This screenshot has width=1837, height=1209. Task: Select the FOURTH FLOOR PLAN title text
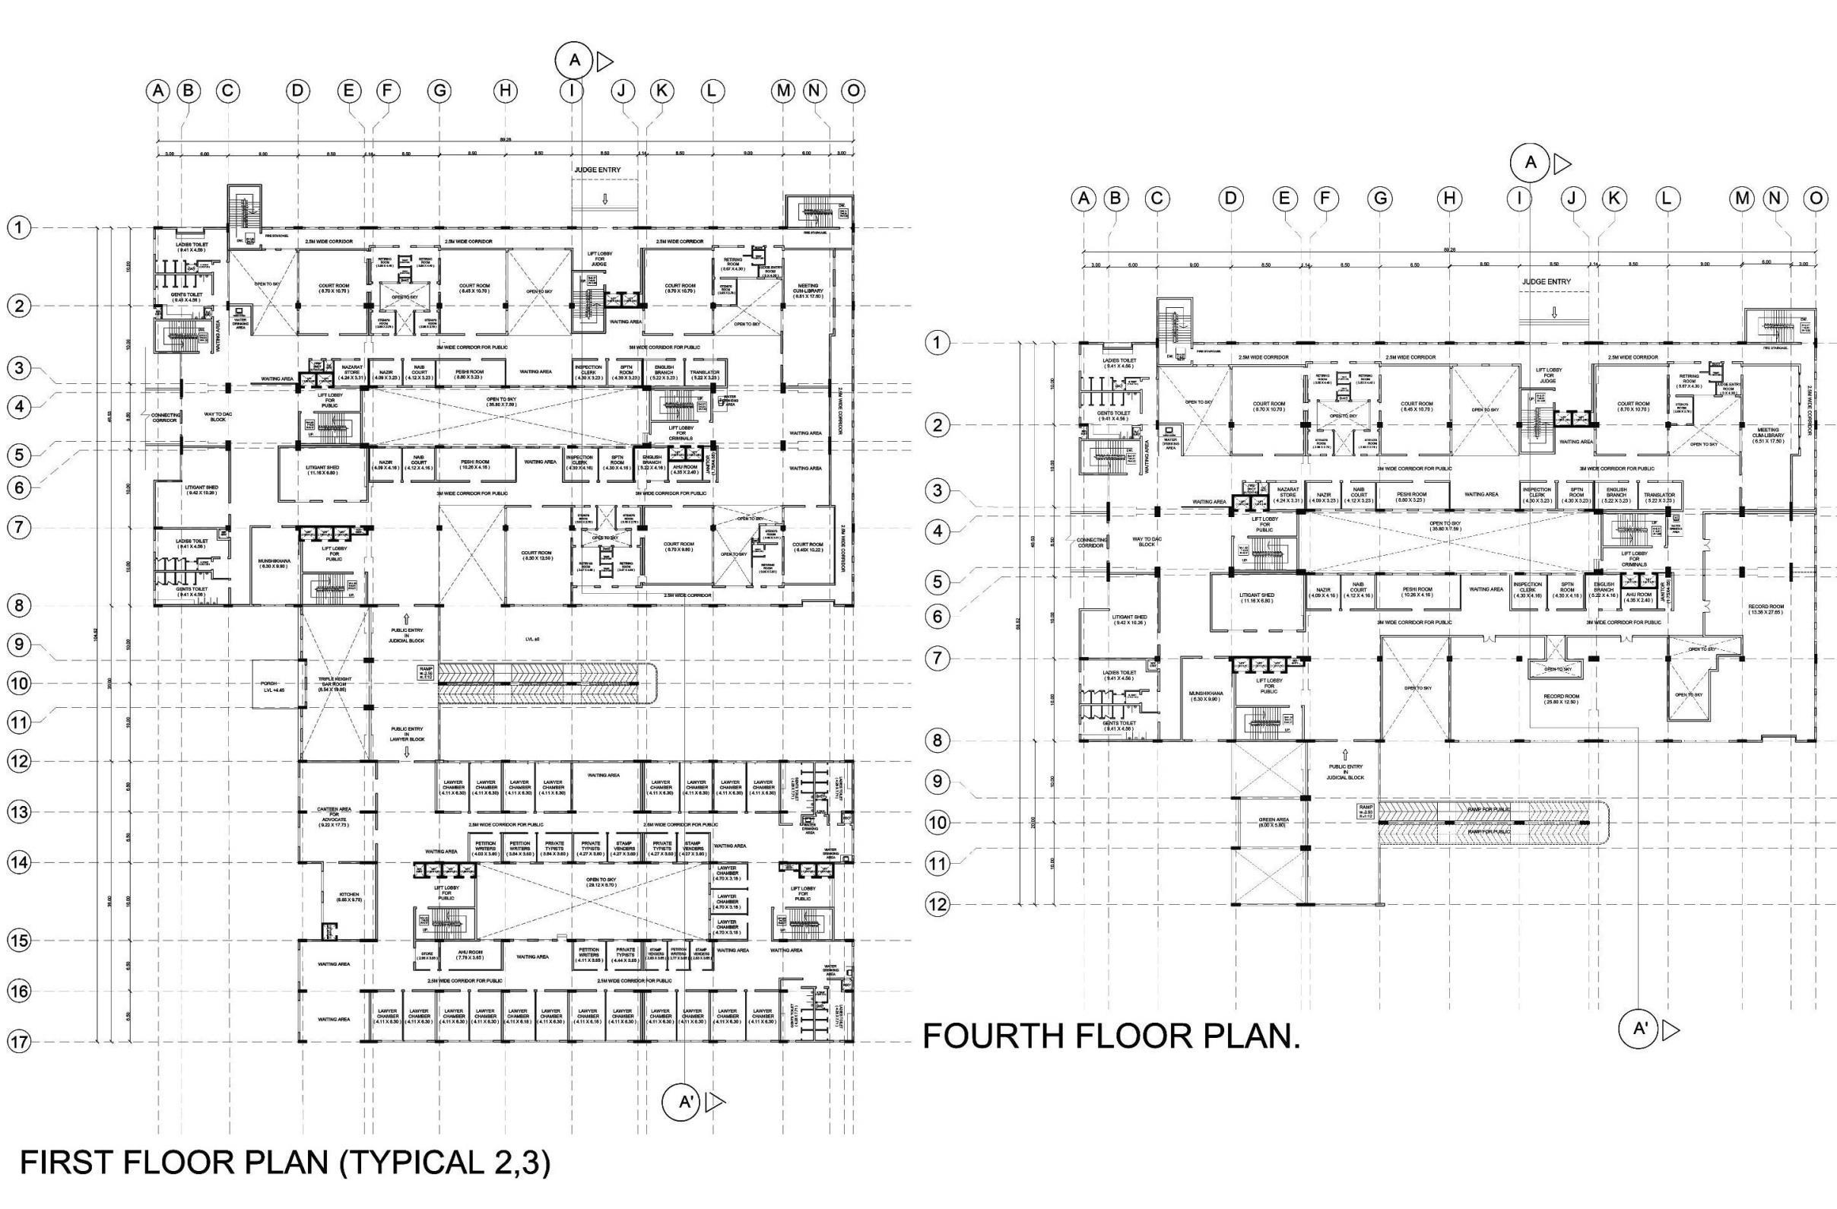(1112, 1036)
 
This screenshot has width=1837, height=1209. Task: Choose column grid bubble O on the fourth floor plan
(1816, 199)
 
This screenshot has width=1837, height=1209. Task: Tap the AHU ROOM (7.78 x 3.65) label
(471, 956)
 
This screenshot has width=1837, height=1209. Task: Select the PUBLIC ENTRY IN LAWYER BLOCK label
(407, 733)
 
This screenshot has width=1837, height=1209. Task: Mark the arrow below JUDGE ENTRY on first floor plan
(605, 199)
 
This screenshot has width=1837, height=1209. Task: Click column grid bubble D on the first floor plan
(297, 91)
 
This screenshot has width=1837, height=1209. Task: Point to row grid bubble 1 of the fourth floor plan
(937, 343)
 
